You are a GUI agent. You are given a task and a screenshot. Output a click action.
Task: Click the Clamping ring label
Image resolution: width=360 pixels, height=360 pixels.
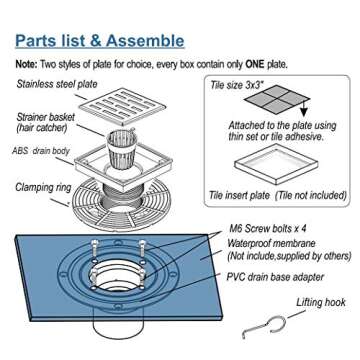click(x=41, y=187)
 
